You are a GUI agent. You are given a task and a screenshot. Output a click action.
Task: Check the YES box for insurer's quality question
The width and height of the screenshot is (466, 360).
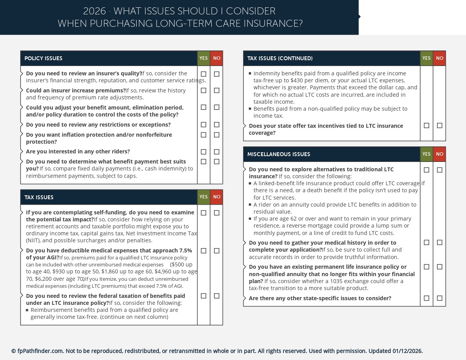coord(203,74)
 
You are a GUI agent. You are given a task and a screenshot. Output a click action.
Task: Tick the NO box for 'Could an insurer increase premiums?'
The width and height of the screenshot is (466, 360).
coord(217,90)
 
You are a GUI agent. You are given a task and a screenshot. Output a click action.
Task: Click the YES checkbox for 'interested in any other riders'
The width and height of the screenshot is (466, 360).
coord(203,152)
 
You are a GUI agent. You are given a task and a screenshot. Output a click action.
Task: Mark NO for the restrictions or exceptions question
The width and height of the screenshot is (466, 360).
coord(217,125)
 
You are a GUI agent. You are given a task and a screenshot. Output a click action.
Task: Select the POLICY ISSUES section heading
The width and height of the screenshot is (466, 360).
coord(43,58)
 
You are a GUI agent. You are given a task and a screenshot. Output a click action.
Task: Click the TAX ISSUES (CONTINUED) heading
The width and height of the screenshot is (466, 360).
coord(280,58)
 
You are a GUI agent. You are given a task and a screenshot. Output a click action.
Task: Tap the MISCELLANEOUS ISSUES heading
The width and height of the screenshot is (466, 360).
coord(279,154)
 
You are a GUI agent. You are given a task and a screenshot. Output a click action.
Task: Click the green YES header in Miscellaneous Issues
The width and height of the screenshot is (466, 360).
coord(426,154)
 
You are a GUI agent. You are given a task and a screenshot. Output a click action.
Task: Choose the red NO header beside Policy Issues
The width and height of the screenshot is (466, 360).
coord(217,58)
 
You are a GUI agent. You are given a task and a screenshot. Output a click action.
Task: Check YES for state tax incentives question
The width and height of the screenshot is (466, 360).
coord(426,126)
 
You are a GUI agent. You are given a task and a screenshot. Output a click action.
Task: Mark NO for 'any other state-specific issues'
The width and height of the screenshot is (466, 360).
coord(440,298)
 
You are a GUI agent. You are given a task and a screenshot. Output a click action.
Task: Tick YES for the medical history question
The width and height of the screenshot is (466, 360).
coord(426,243)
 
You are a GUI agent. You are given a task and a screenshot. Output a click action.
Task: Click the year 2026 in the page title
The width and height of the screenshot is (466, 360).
coord(95,11)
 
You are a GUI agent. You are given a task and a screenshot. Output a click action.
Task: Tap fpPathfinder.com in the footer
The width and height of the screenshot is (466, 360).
coord(40,351)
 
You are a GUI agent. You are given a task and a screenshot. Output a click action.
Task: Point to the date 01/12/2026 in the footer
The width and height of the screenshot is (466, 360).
coord(407,351)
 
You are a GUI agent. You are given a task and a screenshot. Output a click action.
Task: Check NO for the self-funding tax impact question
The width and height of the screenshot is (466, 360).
coord(217,213)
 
